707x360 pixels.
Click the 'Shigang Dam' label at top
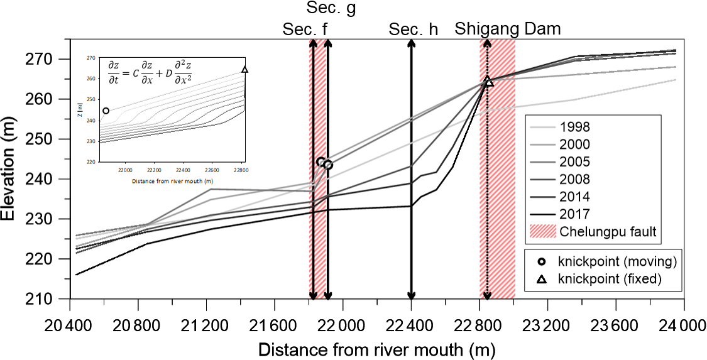tap(508, 29)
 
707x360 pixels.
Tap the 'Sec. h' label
tap(413, 29)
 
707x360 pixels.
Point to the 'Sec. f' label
tap(305, 29)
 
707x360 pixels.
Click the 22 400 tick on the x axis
tap(411, 327)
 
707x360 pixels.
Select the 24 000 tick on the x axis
tap(675, 327)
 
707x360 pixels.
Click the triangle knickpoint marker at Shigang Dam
tap(488, 82)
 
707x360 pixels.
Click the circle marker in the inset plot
tap(106, 111)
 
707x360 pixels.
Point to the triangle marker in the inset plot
tap(245, 70)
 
